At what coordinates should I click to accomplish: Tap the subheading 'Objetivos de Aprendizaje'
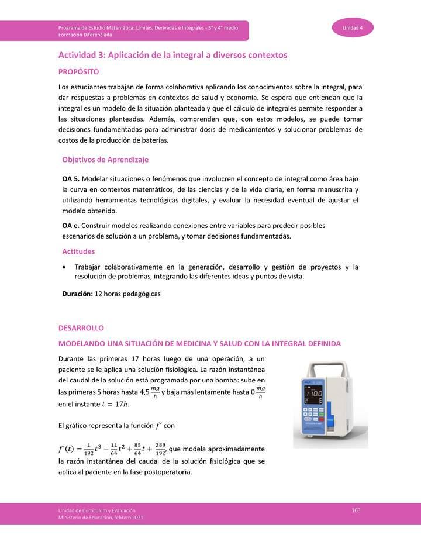105,159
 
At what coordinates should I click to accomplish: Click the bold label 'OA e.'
71,225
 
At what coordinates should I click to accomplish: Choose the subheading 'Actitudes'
78,251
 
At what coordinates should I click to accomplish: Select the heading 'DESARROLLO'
81,328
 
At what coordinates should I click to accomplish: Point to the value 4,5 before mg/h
142,392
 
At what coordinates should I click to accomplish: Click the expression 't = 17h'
115,403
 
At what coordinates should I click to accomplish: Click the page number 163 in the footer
356,510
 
